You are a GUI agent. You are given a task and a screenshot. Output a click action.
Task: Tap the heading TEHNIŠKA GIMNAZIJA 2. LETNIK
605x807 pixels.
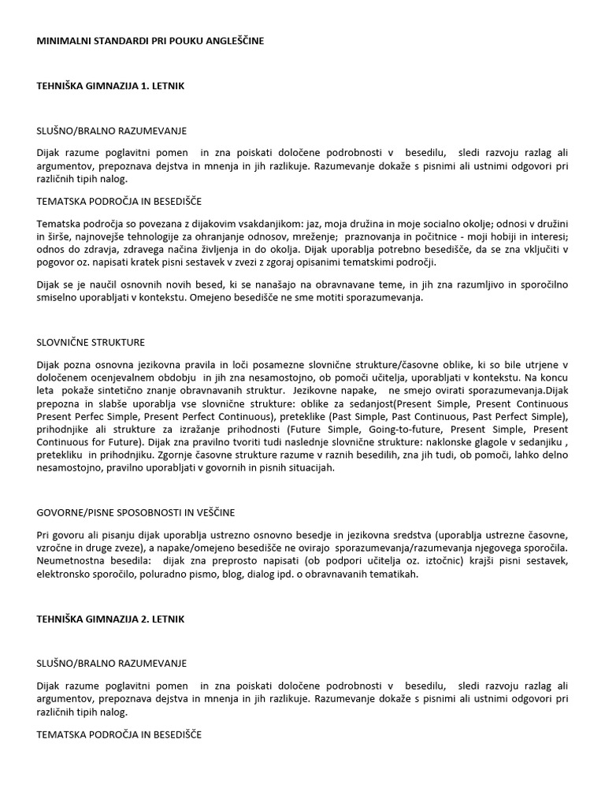110,619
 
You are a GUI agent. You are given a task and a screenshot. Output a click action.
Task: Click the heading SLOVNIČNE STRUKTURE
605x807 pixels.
91,343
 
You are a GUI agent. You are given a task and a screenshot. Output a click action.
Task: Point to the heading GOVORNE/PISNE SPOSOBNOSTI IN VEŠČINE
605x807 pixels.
135,512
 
